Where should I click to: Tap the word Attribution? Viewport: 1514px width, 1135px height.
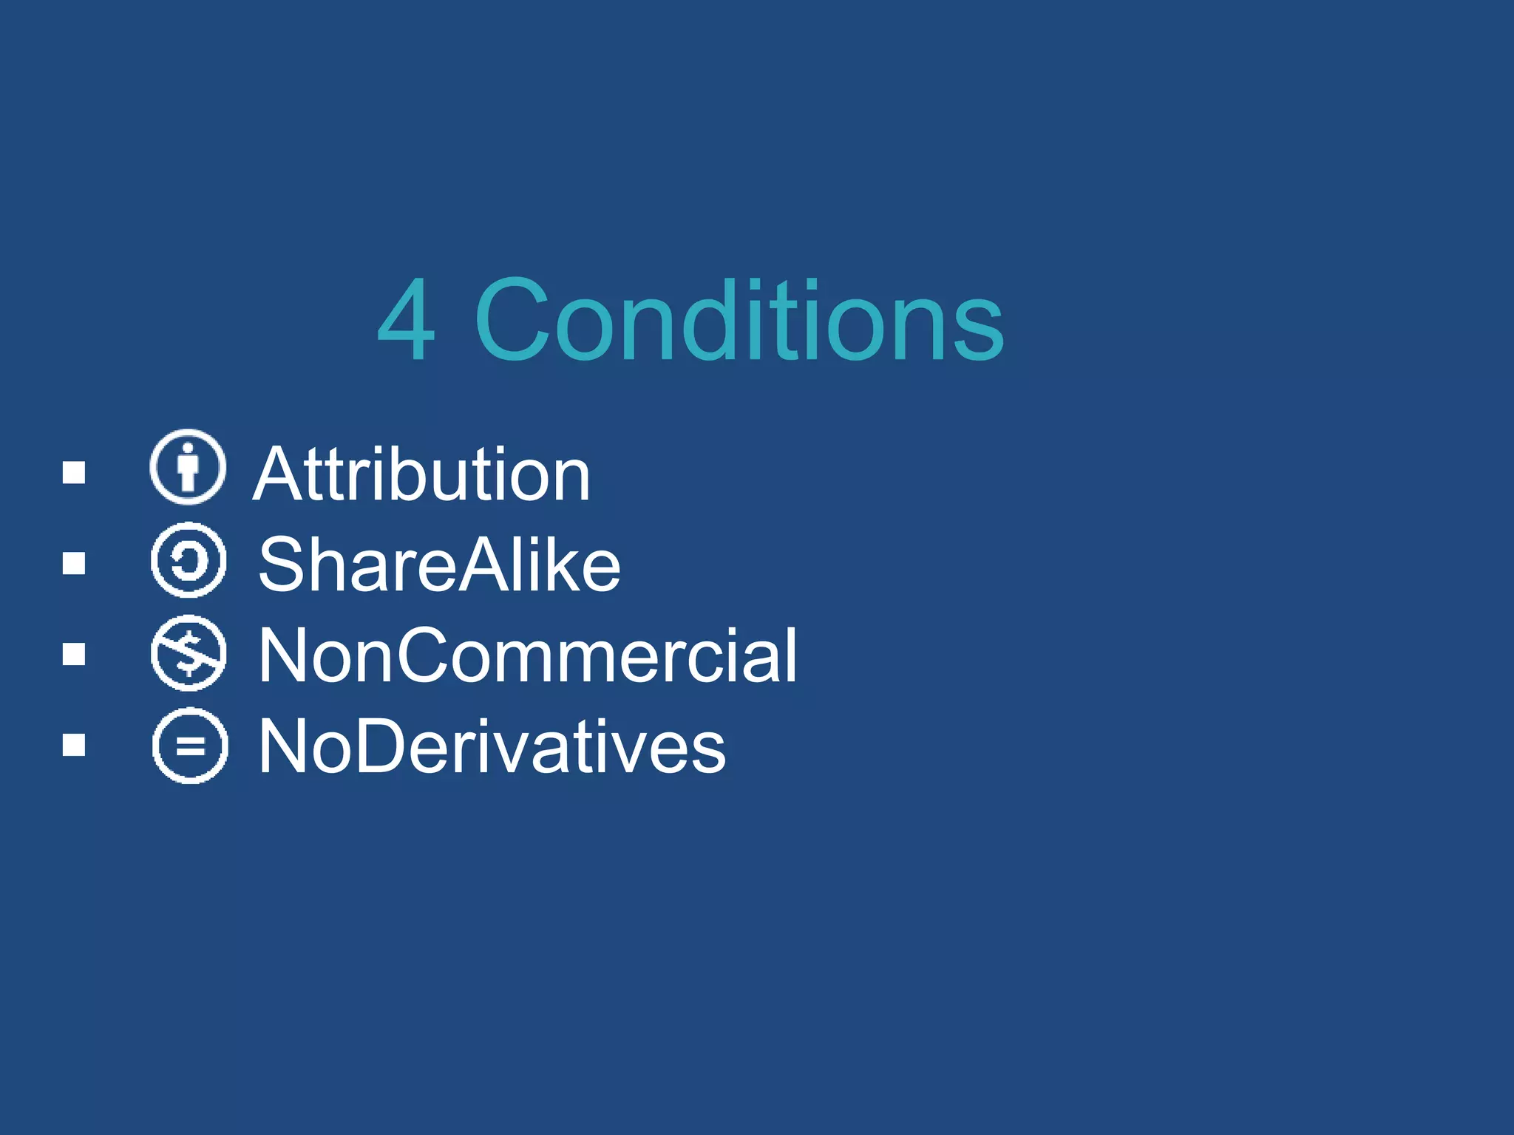tap(421, 474)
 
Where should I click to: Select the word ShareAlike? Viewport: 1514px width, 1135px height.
tap(439, 565)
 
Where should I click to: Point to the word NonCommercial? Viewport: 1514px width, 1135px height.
tap(528, 655)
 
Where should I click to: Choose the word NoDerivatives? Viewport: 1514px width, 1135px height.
tap(492, 746)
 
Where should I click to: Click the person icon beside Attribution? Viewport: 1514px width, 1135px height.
tap(188, 467)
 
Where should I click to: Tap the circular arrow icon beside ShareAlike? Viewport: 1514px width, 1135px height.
tap(189, 560)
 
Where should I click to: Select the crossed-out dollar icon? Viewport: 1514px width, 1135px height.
tap(189, 652)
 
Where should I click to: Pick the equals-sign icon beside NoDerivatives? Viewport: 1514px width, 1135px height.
tap(190, 745)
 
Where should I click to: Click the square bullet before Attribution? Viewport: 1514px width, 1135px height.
tap(74, 472)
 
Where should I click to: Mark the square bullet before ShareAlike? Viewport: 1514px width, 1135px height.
tap(74, 563)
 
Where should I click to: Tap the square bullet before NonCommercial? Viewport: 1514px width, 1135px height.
tap(74, 654)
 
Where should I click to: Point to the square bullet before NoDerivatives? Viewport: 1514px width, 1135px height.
tap(74, 745)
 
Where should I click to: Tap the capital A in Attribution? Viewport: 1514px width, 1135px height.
tap(277, 474)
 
